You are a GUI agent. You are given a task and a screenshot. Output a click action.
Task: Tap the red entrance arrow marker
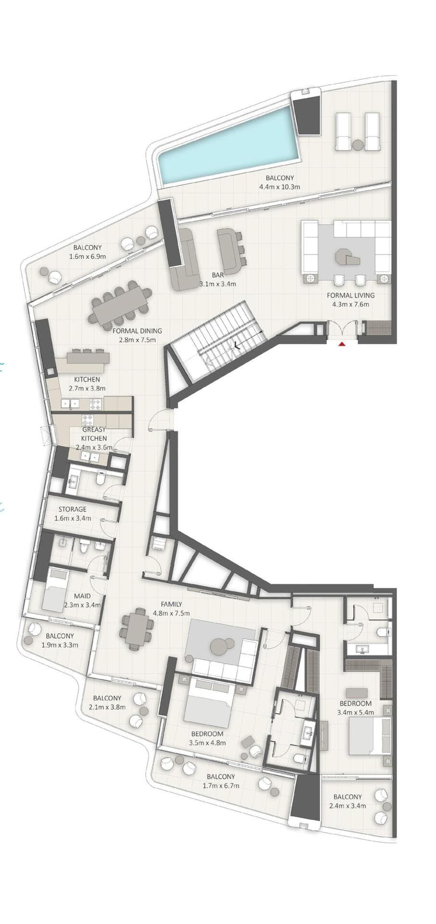click(342, 344)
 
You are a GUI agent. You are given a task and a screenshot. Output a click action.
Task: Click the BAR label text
click(218, 275)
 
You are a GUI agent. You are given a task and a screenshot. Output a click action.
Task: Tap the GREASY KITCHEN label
click(94, 434)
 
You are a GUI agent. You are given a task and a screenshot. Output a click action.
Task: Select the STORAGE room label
click(73, 509)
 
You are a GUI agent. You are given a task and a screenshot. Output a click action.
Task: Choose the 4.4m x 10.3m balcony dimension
click(279, 187)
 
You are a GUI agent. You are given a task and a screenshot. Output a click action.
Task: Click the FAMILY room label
click(171, 604)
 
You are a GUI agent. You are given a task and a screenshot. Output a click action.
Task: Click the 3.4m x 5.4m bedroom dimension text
click(356, 713)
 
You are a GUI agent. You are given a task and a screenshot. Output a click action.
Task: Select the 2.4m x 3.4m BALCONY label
click(348, 796)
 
